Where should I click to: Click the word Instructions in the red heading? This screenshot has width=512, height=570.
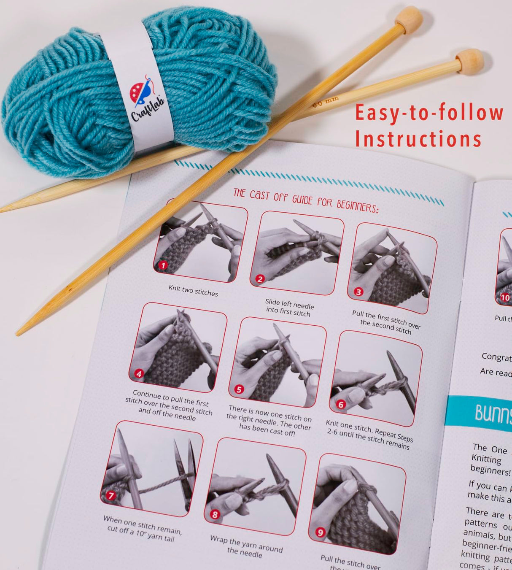coord(418,139)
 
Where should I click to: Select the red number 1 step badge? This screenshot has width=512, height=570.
coord(163,265)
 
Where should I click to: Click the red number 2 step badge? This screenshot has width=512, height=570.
coord(260,279)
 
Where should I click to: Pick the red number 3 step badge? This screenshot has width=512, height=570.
coord(358,292)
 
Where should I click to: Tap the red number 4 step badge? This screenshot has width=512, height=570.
coord(139,373)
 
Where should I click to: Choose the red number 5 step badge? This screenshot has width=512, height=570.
coord(239,389)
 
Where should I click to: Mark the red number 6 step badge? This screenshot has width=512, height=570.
coord(341,405)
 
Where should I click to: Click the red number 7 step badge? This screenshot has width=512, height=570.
coord(111,495)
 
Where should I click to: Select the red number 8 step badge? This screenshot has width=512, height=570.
coord(215,514)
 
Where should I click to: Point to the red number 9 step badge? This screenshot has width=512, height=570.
coord(321,532)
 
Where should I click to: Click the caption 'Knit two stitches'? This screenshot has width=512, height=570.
coord(193,291)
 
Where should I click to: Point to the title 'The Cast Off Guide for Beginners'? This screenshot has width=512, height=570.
coord(306,200)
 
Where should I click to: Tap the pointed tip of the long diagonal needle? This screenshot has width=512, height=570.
coord(19,333)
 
